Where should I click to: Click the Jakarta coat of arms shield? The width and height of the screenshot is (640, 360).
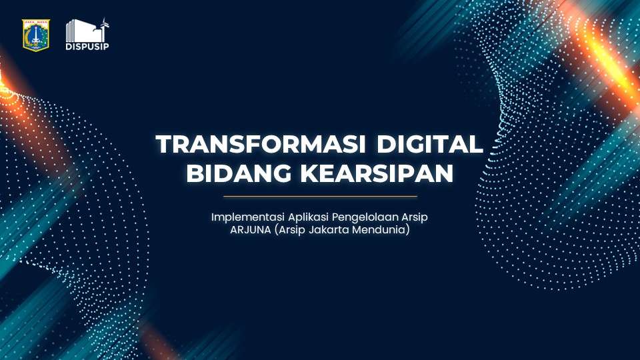36,35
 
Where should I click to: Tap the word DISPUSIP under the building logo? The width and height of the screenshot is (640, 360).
87,47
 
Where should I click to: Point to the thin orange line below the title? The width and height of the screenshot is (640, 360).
320,197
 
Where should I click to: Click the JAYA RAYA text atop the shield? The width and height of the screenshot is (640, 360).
36,23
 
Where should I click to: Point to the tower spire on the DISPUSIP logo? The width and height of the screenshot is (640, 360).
104,24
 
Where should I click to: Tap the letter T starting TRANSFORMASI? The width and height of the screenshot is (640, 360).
163,145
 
